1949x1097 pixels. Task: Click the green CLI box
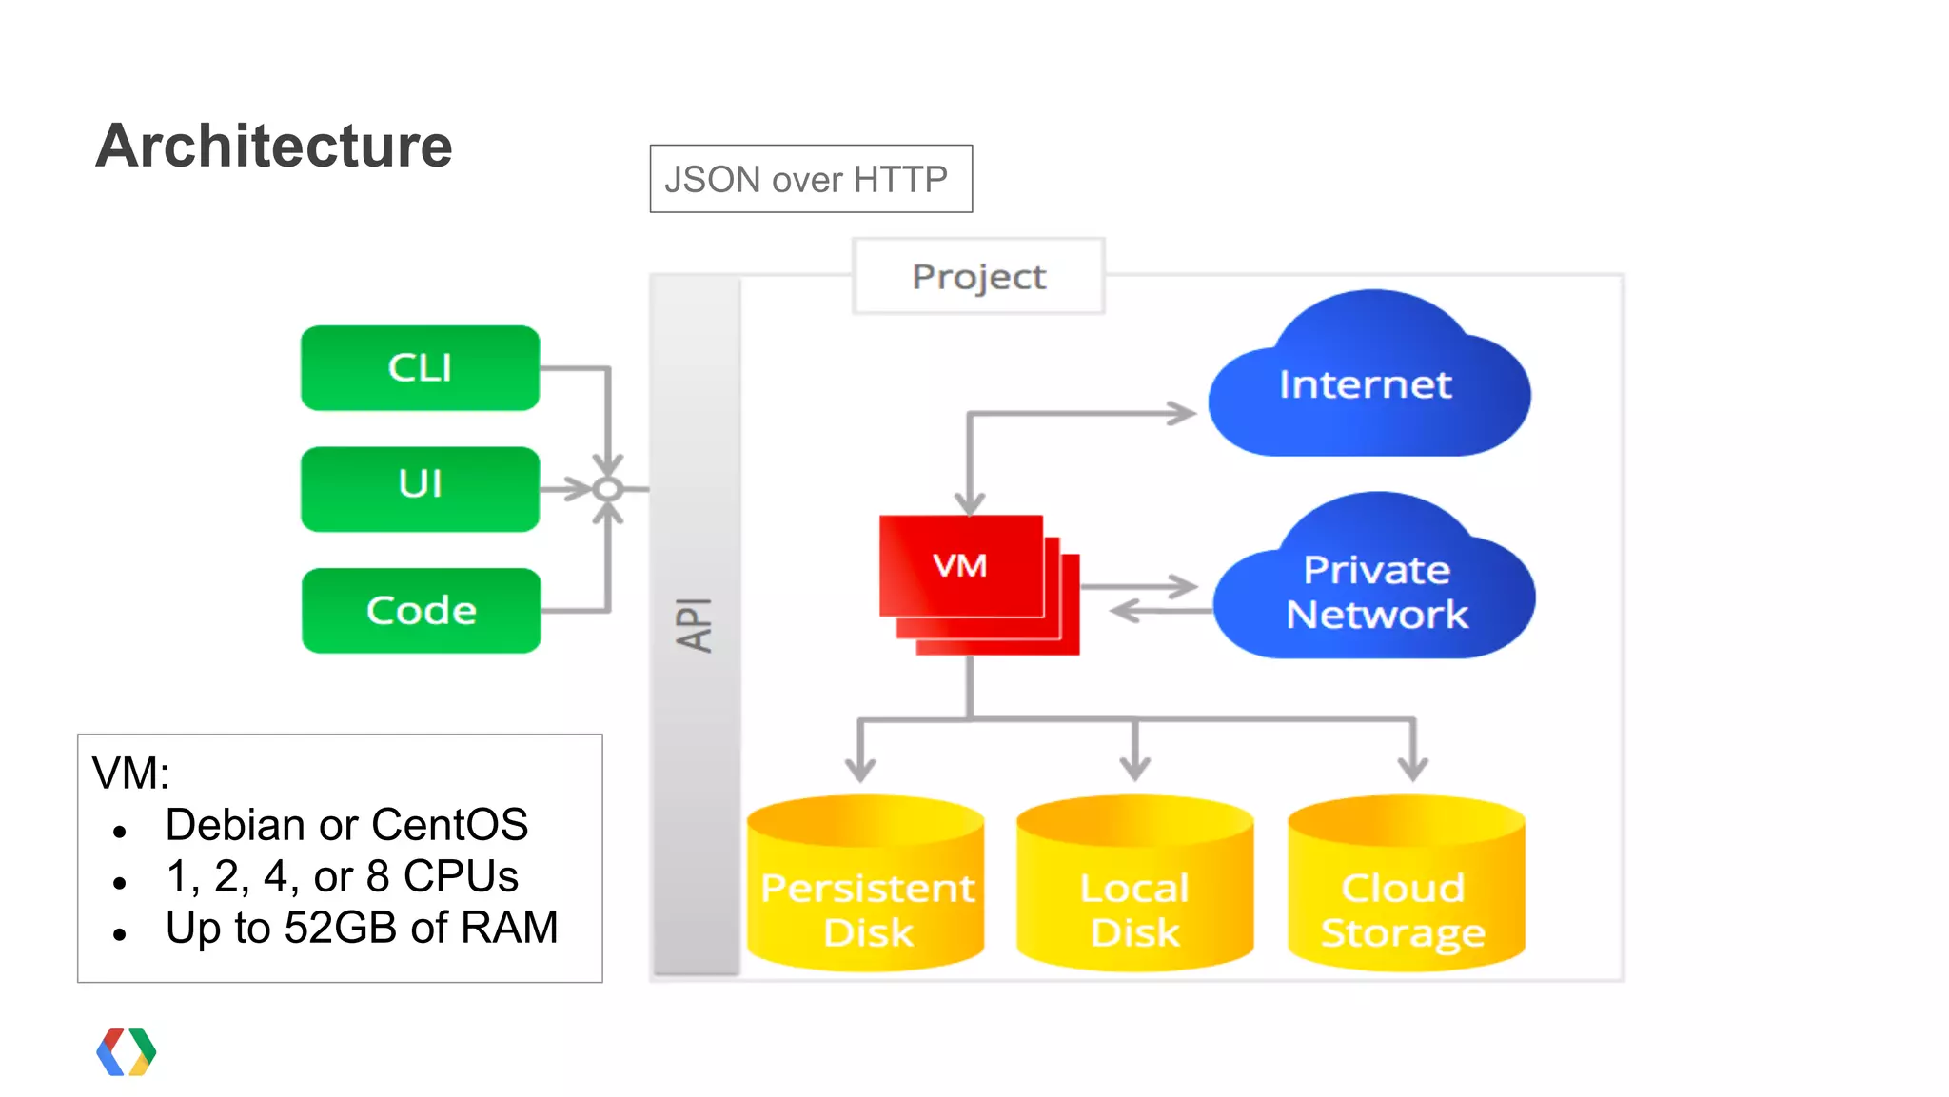420,368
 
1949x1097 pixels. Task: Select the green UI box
420,488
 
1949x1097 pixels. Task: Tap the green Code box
421,610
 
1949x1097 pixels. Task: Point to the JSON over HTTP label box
811,179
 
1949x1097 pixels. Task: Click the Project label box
978,276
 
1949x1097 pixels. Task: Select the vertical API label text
695,624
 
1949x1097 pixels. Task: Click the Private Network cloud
1376,590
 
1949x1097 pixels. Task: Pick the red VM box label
959,565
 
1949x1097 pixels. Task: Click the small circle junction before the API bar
608,489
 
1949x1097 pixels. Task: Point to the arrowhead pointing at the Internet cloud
1183,413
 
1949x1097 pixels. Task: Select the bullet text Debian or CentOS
346,824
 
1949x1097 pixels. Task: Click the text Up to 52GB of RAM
362,927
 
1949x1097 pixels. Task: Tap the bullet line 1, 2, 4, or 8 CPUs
342,875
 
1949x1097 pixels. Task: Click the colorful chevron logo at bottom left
126,1051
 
